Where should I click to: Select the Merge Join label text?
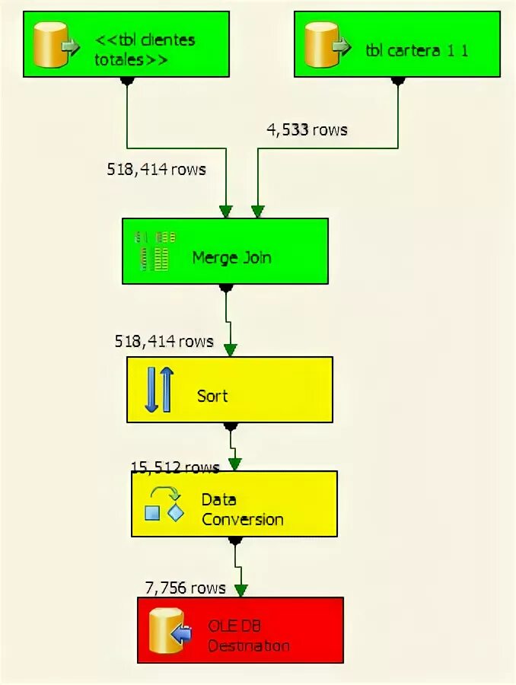point(231,257)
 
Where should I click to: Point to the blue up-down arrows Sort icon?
point(159,389)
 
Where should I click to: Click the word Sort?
point(212,396)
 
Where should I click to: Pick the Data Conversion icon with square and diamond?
point(164,504)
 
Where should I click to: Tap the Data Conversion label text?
point(242,510)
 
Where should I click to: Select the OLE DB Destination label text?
point(248,636)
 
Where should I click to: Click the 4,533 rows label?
point(307,130)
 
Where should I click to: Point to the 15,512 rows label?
point(175,467)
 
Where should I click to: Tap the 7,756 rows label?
point(186,588)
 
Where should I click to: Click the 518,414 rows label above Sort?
point(164,341)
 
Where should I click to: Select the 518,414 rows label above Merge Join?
point(156,169)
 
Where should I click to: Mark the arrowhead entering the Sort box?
point(230,350)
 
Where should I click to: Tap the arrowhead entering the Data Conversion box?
point(235,464)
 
